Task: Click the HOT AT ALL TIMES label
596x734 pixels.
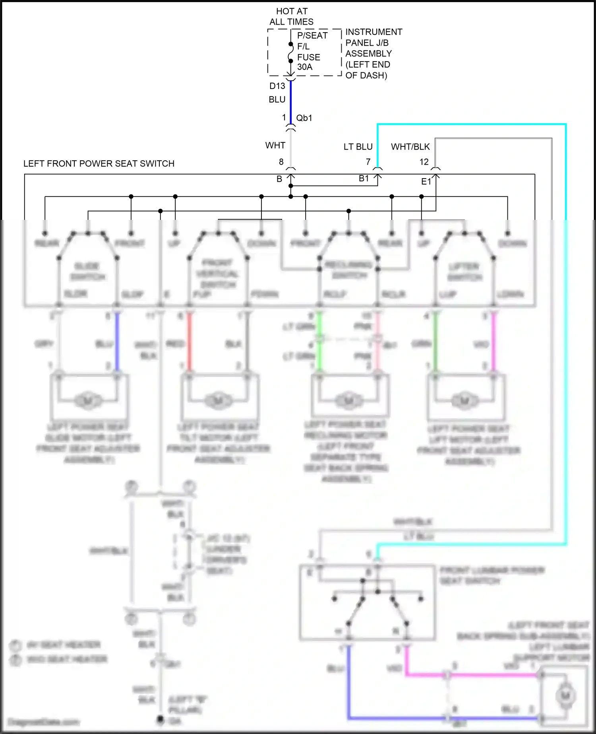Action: pyautogui.click(x=291, y=17)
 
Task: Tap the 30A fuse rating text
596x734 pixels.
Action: pyautogui.click(x=305, y=67)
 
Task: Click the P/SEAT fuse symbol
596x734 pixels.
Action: pyautogui.click(x=290, y=53)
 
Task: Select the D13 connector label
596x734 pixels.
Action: pyautogui.click(x=277, y=86)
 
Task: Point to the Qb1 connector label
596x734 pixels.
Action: pyautogui.click(x=304, y=118)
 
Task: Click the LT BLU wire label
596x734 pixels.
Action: pyautogui.click(x=358, y=147)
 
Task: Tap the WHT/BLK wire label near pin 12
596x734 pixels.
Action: pyautogui.click(x=410, y=147)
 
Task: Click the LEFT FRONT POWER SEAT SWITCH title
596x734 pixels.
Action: pyautogui.click(x=99, y=164)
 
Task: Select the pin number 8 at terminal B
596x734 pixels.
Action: pyautogui.click(x=281, y=162)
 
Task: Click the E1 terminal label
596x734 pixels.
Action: pyautogui.click(x=426, y=182)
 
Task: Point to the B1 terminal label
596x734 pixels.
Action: pyautogui.click(x=364, y=179)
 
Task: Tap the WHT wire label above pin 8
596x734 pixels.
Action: pyautogui.click(x=275, y=146)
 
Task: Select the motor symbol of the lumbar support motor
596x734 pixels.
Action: pyautogui.click(x=565, y=696)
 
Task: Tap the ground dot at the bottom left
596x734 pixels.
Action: pyautogui.click(x=160, y=720)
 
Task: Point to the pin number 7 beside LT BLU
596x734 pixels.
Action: pyautogui.click(x=368, y=162)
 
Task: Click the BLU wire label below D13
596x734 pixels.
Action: pyautogui.click(x=277, y=100)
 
